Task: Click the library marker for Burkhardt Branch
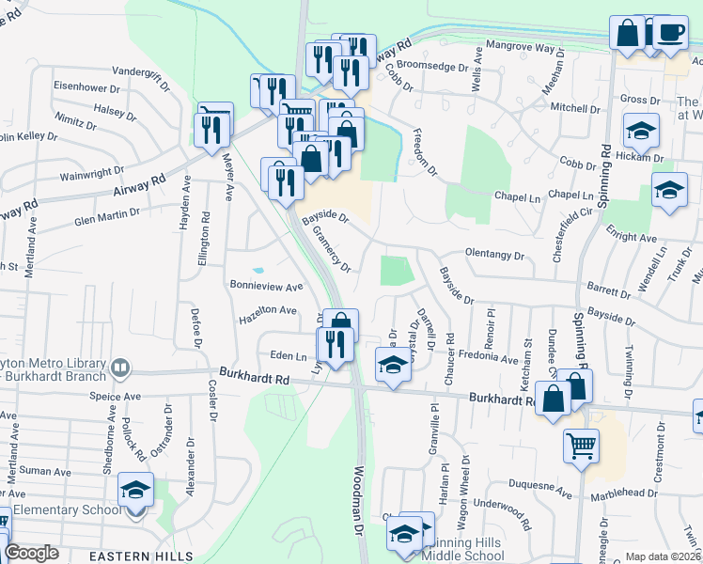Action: [x=120, y=368]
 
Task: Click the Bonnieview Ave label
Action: [x=267, y=285]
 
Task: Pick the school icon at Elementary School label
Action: [x=135, y=491]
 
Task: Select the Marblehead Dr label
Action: [x=624, y=493]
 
